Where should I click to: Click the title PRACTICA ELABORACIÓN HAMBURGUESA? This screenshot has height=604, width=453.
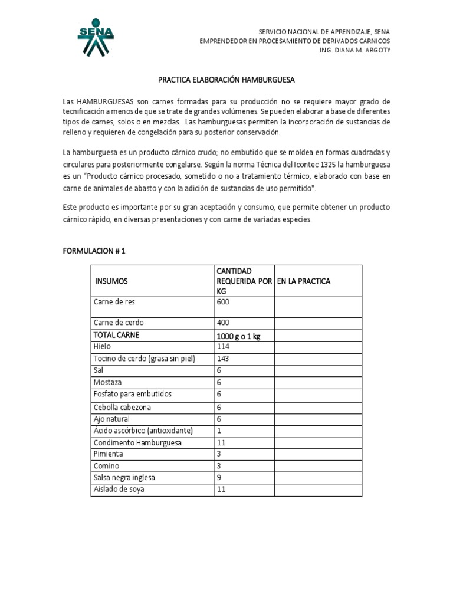pos(227,79)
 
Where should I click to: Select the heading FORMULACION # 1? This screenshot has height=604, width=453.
pos(94,251)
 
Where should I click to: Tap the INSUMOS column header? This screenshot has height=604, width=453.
pos(111,281)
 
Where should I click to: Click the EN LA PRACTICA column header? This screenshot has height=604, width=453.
pos(304,281)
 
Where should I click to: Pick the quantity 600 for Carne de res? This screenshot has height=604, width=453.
pos(224,302)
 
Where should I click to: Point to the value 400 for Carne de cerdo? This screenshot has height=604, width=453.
pos(224,323)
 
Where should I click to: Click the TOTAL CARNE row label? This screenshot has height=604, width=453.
pos(116,335)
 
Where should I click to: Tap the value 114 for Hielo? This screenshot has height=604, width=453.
pos(223,347)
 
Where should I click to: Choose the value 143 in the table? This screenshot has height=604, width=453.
pos(223,359)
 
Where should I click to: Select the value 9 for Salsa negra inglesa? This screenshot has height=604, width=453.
pos(219,478)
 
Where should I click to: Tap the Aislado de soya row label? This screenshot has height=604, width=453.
pos(119,490)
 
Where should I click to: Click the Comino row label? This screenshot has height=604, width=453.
pos(106,466)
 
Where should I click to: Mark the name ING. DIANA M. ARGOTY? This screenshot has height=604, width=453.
pos(354,50)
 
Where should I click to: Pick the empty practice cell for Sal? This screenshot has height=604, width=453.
pos(318,370)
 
